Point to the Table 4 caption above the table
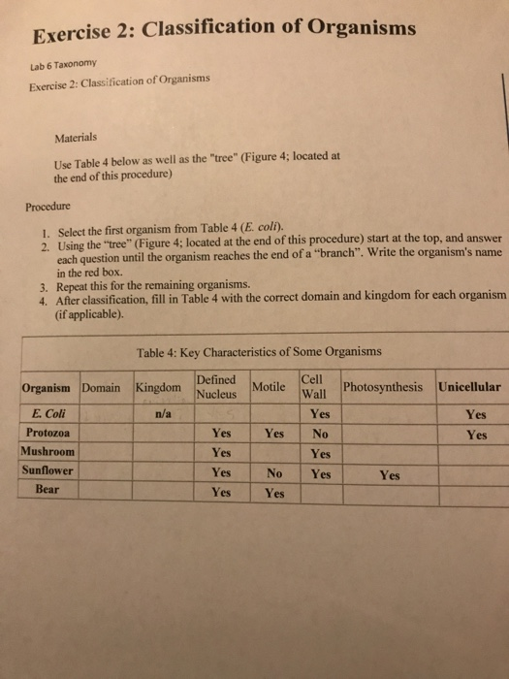click(260, 351)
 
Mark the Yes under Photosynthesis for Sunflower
click(389, 475)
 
